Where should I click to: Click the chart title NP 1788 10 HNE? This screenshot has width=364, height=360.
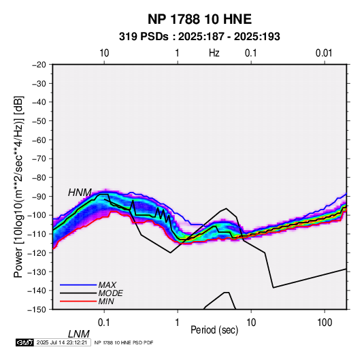coord(199,19)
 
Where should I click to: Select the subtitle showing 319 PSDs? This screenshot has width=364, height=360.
coord(199,37)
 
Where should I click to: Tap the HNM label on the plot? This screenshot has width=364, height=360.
coord(80,193)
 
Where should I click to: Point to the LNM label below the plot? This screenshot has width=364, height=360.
coord(79,334)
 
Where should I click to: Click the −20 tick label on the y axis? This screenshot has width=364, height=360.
coord(39,65)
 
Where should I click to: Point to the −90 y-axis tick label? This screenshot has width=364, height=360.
coord(39,196)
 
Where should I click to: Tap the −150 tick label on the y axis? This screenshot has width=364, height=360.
coord(37,310)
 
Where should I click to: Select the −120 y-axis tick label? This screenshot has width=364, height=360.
coord(37,252)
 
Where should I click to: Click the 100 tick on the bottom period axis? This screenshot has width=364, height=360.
coord(325,322)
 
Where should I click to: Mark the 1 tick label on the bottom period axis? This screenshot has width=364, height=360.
coord(178,322)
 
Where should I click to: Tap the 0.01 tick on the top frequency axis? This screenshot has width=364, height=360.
coord(324,53)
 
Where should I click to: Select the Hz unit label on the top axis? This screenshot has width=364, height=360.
coord(214,53)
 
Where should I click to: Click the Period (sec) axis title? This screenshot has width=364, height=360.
coord(214,330)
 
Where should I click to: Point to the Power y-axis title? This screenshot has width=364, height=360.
coord(18,187)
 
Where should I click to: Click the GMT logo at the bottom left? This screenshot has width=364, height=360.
coord(24,342)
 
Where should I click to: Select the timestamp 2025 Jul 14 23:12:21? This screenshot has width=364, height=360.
coord(62,342)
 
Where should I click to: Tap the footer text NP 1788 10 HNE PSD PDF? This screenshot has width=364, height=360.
coord(124,342)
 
